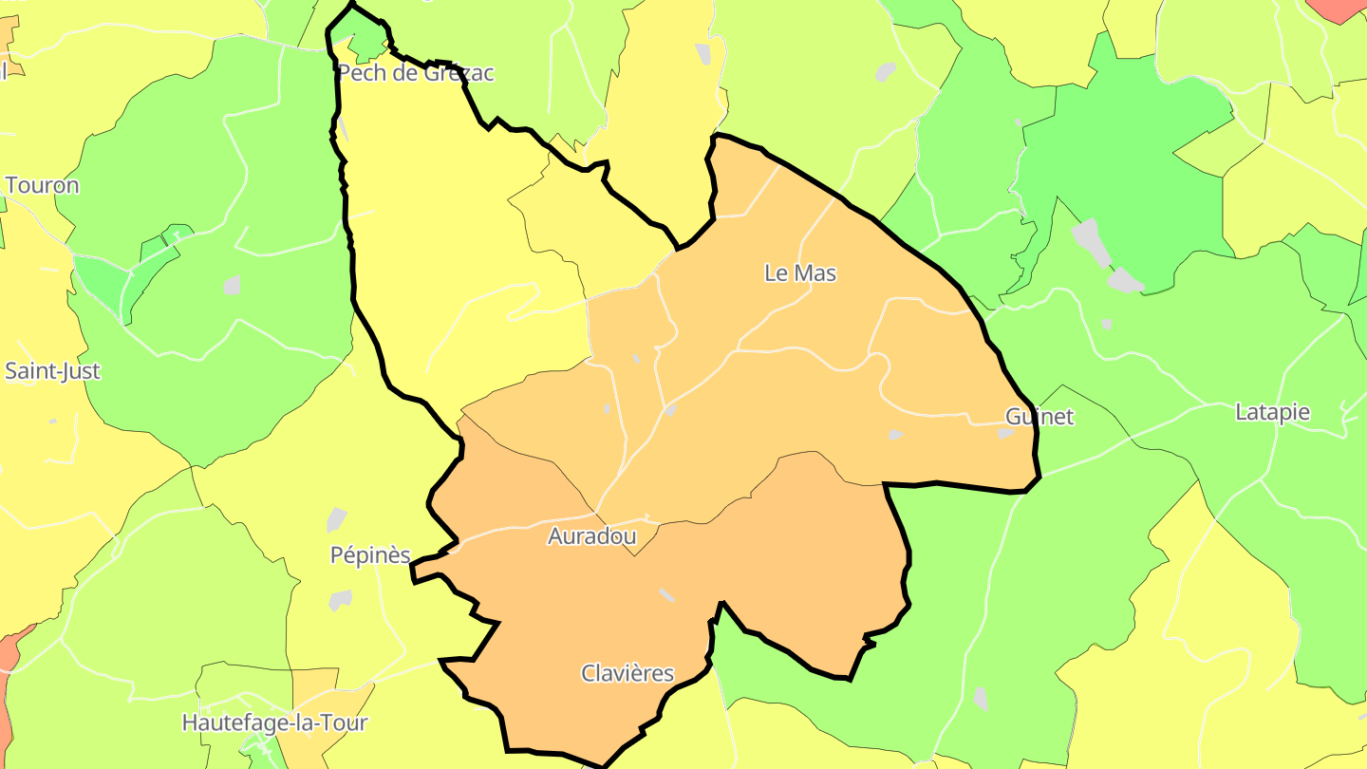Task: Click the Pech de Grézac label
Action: (x=416, y=73)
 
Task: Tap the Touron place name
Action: (x=42, y=185)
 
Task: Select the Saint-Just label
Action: (x=52, y=371)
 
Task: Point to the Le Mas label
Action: (x=800, y=273)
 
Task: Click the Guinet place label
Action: (x=1039, y=417)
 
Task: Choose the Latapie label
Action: (x=1272, y=412)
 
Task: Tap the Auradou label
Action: (x=591, y=536)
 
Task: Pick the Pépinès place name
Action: (x=370, y=555)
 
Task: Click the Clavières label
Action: (x=627, y=674)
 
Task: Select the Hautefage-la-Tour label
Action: (x=274, y=723)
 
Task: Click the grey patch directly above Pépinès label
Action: (x=336, y=519)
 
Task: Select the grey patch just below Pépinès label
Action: (x=340, y=600)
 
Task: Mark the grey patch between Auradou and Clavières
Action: (x=667, y=594)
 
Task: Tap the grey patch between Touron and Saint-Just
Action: (x=232, y=285)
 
